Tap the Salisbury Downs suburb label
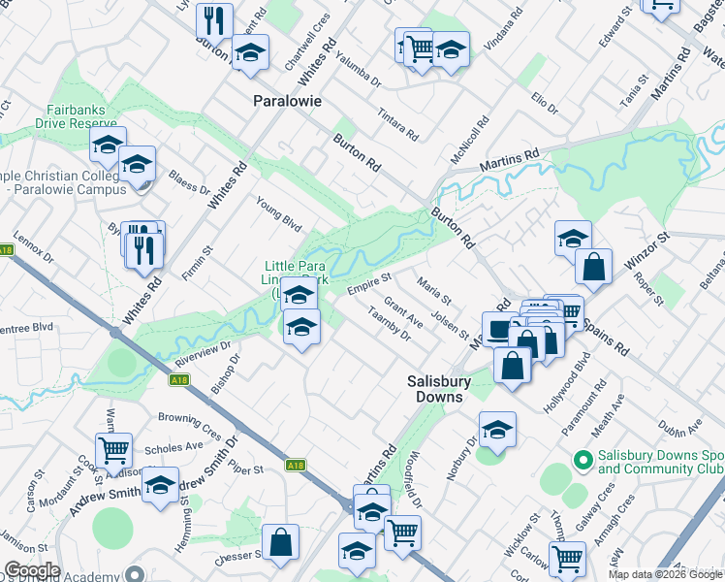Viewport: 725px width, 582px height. click(437, 389)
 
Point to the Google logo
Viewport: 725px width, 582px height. click(32, 570)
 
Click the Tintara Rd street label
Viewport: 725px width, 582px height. click(398, 124)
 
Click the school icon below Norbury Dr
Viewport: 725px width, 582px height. click(497, 429)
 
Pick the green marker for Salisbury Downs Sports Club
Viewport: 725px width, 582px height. click(583, 459)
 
